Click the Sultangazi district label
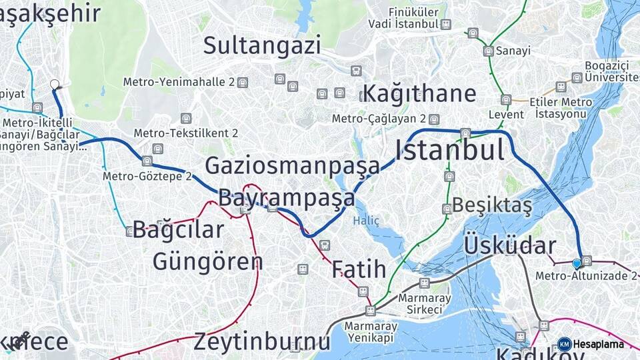tap(262, 45)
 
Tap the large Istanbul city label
tap(450, 151)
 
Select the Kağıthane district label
tap(419, 93)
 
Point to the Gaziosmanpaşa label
tap(292, 165)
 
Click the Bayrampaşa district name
tap(287, 198)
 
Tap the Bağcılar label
tap(178, 230)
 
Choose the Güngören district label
tap(207, 261)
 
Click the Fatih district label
tap(359, 269)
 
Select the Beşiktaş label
tap(492, 206)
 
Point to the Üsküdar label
tap(509, 245)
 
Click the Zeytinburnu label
tap(262, 342)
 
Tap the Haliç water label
tap(366, 221)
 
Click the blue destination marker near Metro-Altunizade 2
tap(577, 264)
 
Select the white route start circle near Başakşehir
tap(55, 85)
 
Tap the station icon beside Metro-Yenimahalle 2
tap(243, 83)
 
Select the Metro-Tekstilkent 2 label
tap(186, 133)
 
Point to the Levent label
tap(506, 115)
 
